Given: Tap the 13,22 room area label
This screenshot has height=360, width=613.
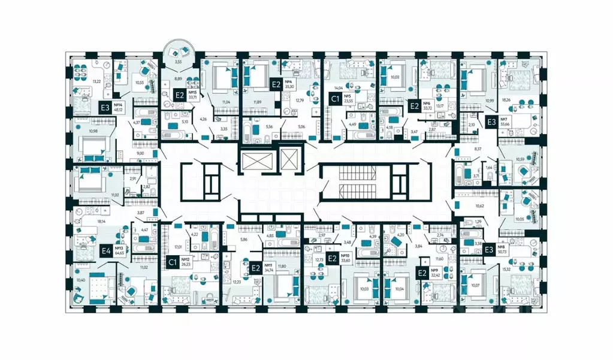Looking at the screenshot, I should click(x=79, y=81).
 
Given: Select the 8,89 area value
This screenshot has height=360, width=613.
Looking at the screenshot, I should click(x=179, y=78).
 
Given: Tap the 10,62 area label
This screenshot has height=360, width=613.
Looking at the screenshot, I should click(x=481, y=205).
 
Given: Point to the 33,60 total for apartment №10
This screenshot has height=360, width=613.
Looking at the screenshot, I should click(x=346, y=260).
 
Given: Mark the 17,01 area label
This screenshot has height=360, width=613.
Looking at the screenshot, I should click(x=178, y=246).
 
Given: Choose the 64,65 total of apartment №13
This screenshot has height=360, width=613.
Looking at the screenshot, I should click(x=120, y=253).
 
